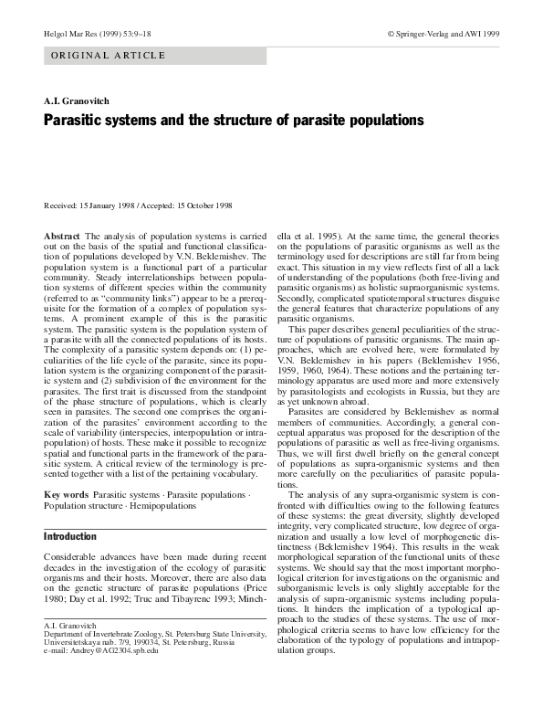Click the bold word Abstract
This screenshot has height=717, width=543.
click(x=62, y=237)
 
